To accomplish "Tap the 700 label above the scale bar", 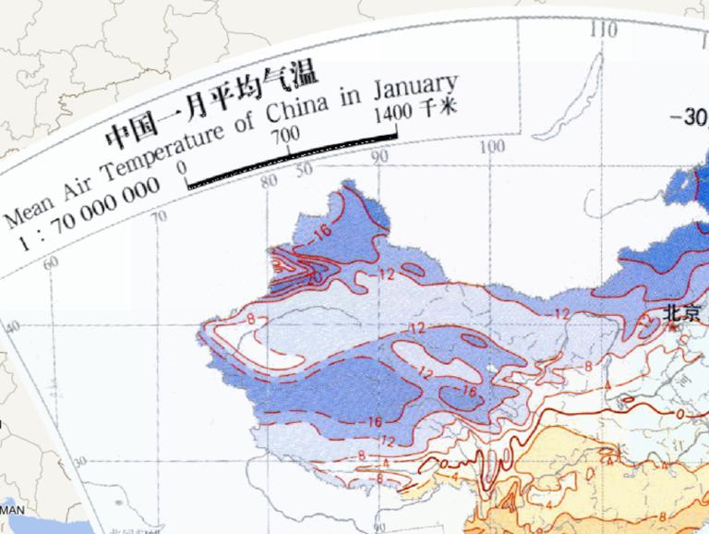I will coord(287,136).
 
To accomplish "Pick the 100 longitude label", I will coord(493,148).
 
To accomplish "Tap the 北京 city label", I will coord(681,314).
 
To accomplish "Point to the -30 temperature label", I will coord(688,117).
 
